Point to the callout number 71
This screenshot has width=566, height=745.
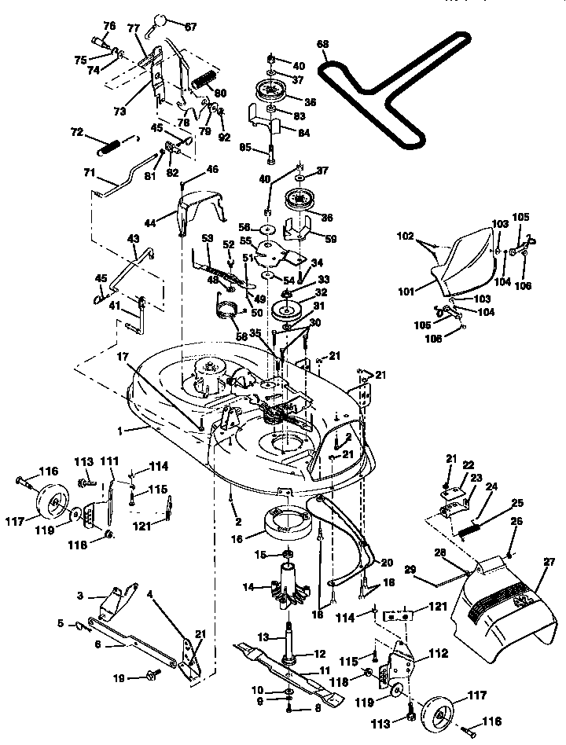pos(90,171)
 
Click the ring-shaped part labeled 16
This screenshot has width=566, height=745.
pos(289,523)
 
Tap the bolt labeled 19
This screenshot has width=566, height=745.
pos(151,673)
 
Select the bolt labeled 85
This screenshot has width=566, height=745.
pos(270,151)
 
